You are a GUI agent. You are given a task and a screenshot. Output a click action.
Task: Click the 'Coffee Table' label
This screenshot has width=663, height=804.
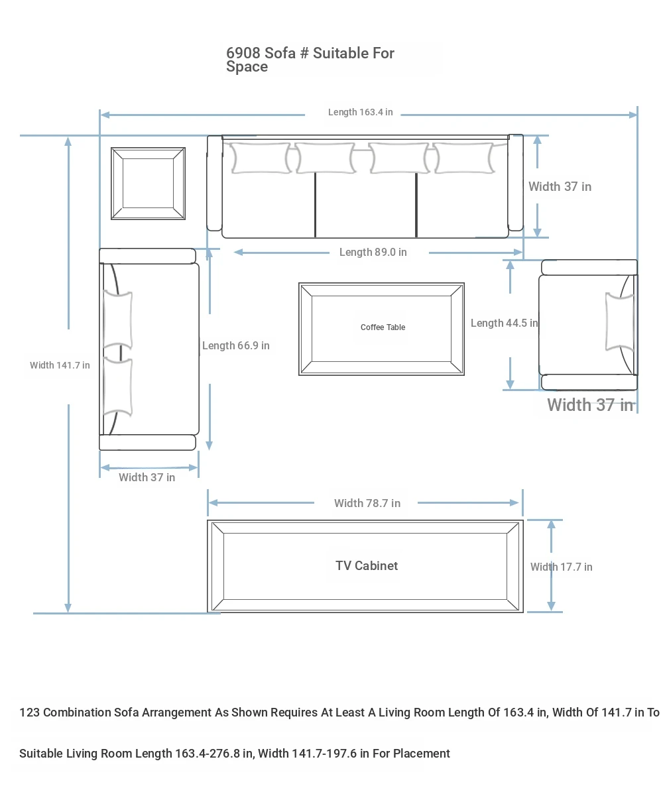coord(383,327)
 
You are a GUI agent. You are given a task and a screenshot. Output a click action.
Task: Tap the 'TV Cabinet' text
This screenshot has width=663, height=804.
coord(367,565)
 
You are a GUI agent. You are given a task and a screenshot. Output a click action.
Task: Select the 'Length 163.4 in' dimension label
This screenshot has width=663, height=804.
coord(360,112)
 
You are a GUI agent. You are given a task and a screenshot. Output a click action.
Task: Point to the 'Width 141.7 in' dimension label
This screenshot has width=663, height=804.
coord(60,365)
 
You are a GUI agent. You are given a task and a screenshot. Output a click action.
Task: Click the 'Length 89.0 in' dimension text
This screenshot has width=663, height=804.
coord(373,253)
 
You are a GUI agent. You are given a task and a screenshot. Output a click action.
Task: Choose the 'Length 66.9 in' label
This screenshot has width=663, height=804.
coord(236,345)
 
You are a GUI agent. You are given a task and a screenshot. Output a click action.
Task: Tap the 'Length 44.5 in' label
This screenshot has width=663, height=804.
coord(504,323)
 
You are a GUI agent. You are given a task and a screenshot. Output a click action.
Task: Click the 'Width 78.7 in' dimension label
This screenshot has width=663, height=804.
coord(367,503)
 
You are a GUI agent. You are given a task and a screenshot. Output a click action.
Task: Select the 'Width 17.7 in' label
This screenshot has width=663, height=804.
coord(561,567)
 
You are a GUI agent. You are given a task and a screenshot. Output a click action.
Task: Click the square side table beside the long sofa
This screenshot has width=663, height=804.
coord(148,184)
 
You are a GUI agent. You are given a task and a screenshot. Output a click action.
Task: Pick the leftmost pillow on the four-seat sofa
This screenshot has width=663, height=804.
coord(261,158)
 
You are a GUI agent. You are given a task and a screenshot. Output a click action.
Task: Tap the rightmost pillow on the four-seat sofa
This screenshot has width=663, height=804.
coord(463,158)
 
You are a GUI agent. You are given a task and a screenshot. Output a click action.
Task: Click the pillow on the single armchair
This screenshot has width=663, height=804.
coord(619,322)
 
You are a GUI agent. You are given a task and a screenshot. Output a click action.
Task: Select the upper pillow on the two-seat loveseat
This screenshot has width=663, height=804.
coord(118,320)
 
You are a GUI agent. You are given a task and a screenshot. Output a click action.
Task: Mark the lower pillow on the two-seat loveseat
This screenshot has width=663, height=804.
coord(118,387)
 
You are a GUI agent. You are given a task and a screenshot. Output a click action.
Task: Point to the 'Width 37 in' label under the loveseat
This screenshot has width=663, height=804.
coord(147,477)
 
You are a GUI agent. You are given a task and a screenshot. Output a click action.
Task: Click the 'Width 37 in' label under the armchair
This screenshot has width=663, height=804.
coord(590,405)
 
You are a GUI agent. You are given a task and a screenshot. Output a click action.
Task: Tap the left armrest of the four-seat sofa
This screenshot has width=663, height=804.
coord(215,183)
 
